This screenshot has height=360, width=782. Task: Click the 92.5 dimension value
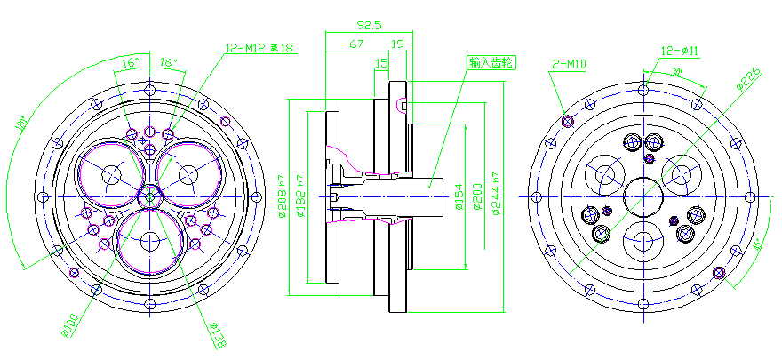click(x=369, y=26)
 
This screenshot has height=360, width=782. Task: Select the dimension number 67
click(x=356, y=44)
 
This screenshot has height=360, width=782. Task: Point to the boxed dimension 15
click(x=381, y=63)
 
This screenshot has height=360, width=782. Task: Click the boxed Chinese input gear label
click(x=492, y=63)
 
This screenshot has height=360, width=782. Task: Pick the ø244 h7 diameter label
click(x=497, y=197)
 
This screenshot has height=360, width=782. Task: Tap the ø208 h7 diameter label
click(x=283, y=190)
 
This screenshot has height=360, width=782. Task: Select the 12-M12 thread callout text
click(x=259, y=48)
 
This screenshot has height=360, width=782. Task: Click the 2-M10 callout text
click(x=567, y=64)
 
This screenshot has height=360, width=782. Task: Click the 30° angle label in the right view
click(x=676, y=71)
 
